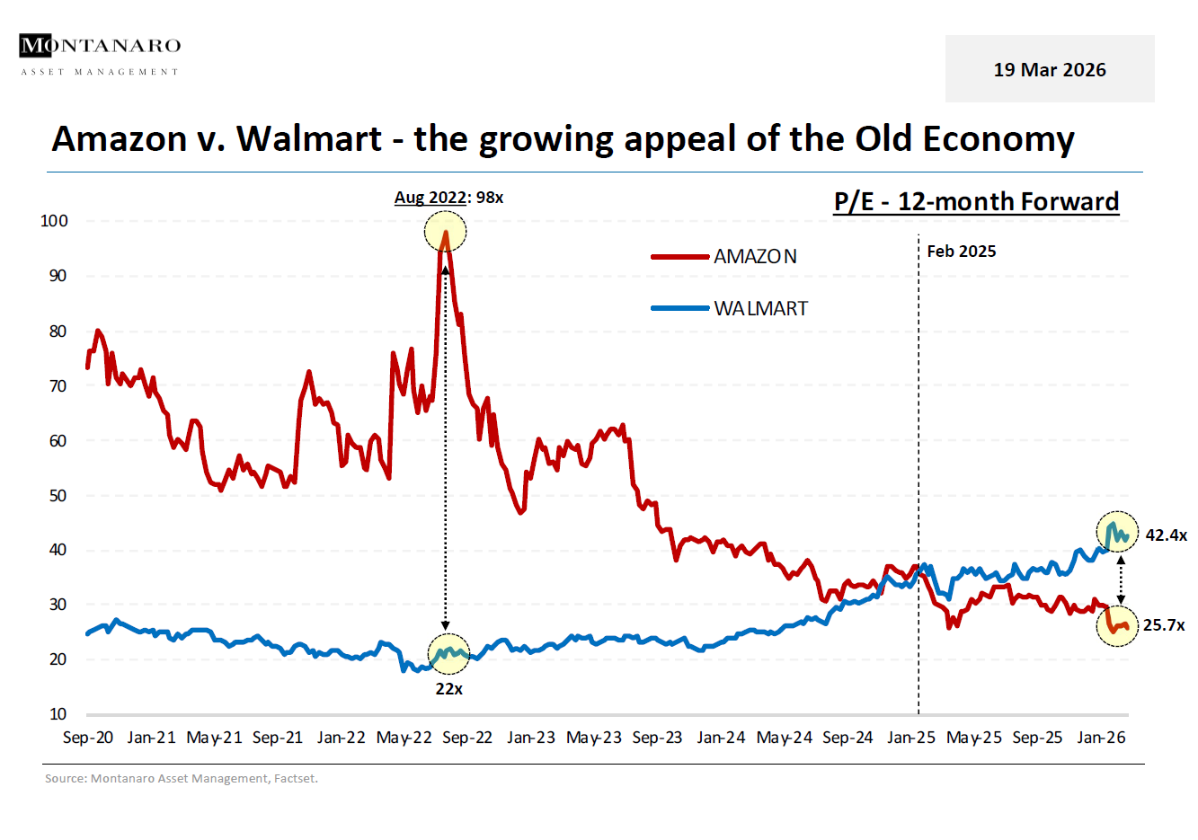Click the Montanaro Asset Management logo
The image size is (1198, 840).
[100, 55]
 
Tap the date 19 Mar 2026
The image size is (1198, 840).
[1049, 70]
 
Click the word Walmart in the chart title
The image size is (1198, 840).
[309, 139]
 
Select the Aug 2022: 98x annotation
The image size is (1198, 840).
[448, 198]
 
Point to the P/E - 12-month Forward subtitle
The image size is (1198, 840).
[976, 201]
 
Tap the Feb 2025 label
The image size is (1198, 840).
[961, 252]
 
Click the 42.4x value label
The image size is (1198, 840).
[1166, 535]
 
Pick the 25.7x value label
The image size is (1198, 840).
[1164, 625]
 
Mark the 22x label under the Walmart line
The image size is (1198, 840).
[448, 689]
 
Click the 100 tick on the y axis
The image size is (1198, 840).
[54, 221]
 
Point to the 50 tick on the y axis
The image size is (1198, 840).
[58, 496]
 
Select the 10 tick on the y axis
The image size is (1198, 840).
[58, 714]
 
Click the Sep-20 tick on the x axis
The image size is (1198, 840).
[88, 738]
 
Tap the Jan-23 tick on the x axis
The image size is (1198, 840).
[531, 738]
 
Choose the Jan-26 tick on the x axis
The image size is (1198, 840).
[1101, 738]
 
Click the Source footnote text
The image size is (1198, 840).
[182, 779]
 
